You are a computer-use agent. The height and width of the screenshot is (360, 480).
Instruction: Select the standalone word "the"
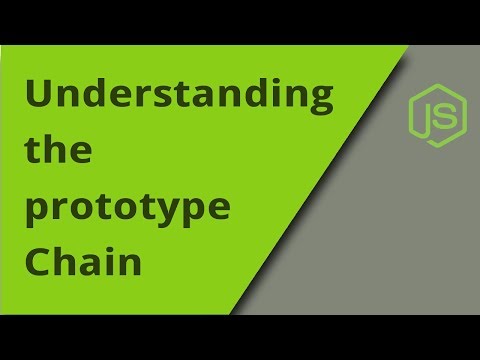click(56, 154)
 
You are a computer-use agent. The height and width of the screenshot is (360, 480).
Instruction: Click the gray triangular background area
click(400, 230)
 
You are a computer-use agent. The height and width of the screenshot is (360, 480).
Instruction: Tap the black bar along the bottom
click(240, 337)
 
